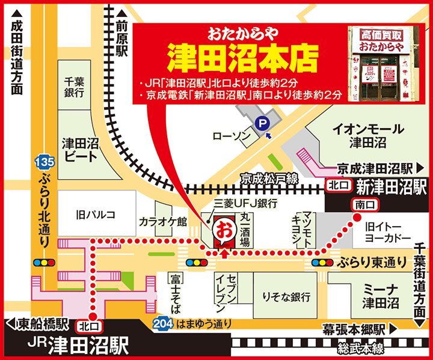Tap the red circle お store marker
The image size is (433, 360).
click(x=223, y=231)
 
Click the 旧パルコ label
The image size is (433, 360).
click(x=88, y=213)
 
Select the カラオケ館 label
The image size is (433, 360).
click(x=163, y=221)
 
